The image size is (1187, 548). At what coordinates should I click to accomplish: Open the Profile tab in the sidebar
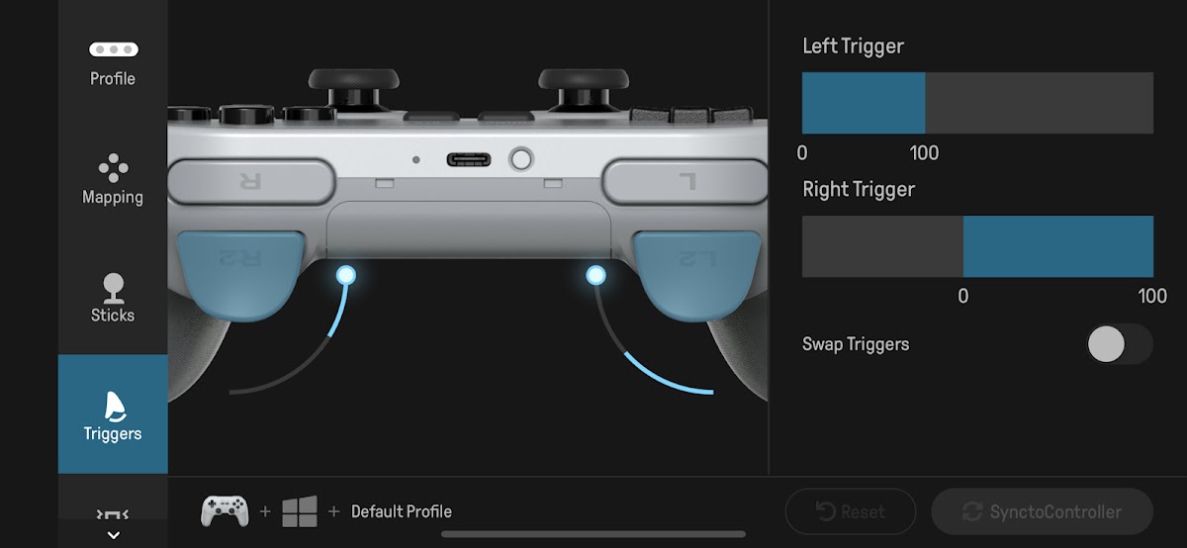tap(113, 64)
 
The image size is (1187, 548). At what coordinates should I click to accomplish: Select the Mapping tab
tap(113, 179)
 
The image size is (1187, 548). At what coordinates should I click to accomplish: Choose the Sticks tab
tap(113, 298)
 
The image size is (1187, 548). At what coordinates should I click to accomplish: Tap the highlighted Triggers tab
tap(113, 413)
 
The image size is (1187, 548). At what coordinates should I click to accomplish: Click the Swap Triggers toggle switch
tap(1119, 344)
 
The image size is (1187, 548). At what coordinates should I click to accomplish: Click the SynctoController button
tap(1042, 511)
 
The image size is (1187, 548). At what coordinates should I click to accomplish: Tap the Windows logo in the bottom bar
tap(300, 511)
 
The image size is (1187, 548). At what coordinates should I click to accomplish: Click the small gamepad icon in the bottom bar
tap(225, 510)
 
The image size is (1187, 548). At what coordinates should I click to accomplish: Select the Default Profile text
tap(402, 511)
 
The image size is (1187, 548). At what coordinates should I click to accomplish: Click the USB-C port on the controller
tap(469, 159)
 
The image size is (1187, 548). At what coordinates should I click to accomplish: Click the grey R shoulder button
tap(251, 182)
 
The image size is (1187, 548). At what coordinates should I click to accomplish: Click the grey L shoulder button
tap(685, 182)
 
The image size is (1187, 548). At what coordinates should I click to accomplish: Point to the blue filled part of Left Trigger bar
tap(864, 103)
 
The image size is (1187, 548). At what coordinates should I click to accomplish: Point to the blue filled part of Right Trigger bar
tap(1058, 246)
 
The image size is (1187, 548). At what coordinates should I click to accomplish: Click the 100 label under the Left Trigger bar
tap(924, 153)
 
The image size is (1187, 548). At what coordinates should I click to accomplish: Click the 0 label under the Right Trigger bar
tap(962, 296)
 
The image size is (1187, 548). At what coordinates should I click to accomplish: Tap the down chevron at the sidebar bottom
tap(113, 535)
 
